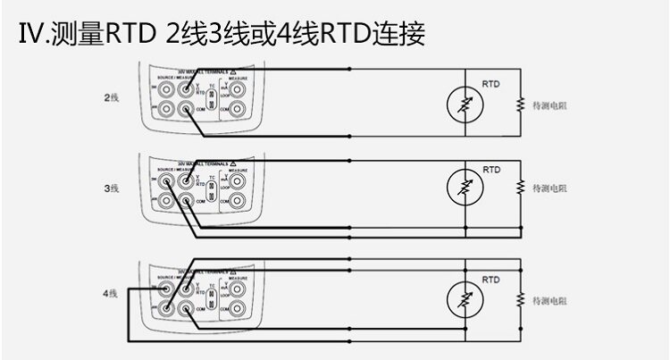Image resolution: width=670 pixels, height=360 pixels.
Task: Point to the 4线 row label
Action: (112, 292)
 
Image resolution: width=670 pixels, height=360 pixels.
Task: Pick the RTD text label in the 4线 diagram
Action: (490, 279)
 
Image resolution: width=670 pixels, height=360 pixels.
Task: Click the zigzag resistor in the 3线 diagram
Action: (518, 188)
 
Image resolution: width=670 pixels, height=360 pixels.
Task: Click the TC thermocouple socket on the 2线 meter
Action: (212, 101)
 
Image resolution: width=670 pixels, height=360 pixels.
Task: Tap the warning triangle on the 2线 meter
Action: (233, 70)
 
